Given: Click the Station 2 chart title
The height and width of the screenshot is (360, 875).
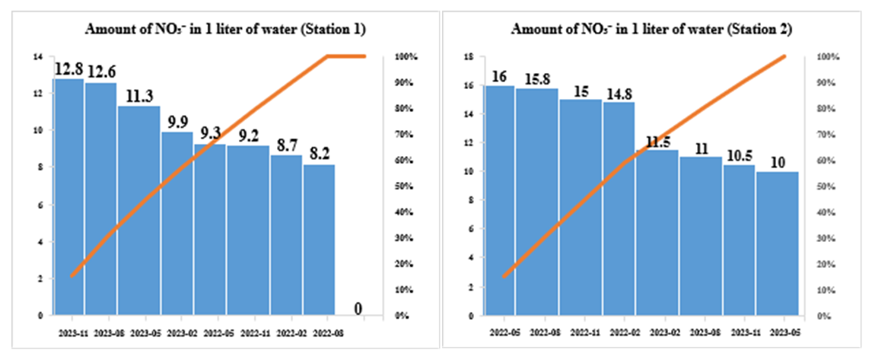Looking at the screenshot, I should coord(651,30).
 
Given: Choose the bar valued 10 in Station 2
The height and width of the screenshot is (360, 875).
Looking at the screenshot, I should coord(778,243).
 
